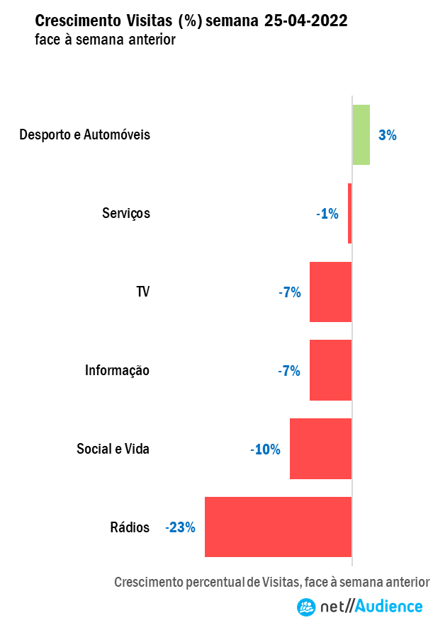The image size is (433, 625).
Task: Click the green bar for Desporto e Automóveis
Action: [x=361, y=134]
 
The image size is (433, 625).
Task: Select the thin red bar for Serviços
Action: [x=349, y=213]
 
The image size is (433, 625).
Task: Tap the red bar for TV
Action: [x=330, y=292]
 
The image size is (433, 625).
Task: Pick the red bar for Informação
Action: [x=330, y=370]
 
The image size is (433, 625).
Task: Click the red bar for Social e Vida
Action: [x=320, y=449]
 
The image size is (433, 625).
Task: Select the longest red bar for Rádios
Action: [x=278, y=527]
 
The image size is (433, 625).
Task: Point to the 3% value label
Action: [x=387, y=135]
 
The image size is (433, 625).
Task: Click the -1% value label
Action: [x=327, y=214]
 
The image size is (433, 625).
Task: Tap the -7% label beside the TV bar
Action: [x=290, y=292]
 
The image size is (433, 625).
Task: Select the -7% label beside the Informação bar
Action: [x=290, y=371]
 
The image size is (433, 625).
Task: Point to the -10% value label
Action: [x=265, y=449]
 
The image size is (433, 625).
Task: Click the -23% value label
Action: [x=180, y=527]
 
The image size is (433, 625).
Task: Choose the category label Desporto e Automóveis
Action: [x=85, y=134]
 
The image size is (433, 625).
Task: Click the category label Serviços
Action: [x=126, y=213]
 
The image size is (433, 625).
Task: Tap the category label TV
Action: [x=142, y=292]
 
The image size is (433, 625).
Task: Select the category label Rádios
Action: [x=130, y=527]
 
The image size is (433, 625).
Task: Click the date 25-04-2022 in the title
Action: [x=305, y=21]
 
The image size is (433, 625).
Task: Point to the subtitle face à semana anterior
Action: [x=104, y=40]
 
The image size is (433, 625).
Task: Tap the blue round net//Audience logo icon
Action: [x=306, y=607]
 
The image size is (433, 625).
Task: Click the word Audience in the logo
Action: [x=388, y=607]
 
